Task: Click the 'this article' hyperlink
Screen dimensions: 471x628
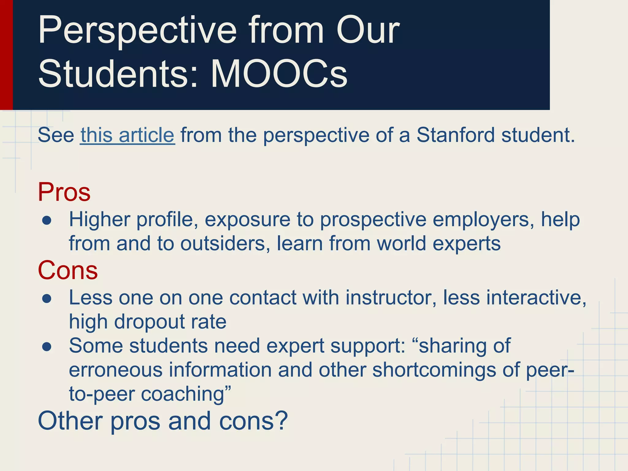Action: [127, 135]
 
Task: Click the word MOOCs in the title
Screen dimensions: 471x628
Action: [279, 74]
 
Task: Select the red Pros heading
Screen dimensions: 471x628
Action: [64, 192]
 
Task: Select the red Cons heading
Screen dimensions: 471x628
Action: [68, 270]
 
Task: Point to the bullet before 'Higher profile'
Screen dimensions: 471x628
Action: [47, 220]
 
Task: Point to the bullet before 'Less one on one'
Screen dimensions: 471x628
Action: [47, 299]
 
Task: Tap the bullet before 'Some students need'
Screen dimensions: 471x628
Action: [47, 347]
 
